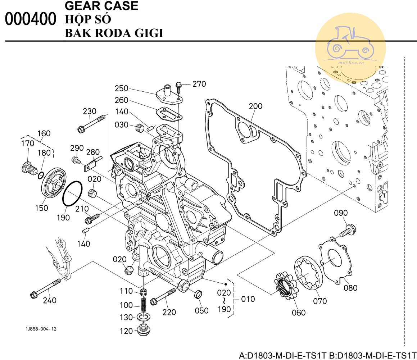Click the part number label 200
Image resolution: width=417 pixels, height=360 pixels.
coord(255,106)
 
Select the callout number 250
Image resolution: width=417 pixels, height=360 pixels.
coord(122,88)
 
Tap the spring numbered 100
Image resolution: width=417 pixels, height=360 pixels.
coord(143,305)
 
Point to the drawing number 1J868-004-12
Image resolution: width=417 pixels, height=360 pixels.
coord(41,329)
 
